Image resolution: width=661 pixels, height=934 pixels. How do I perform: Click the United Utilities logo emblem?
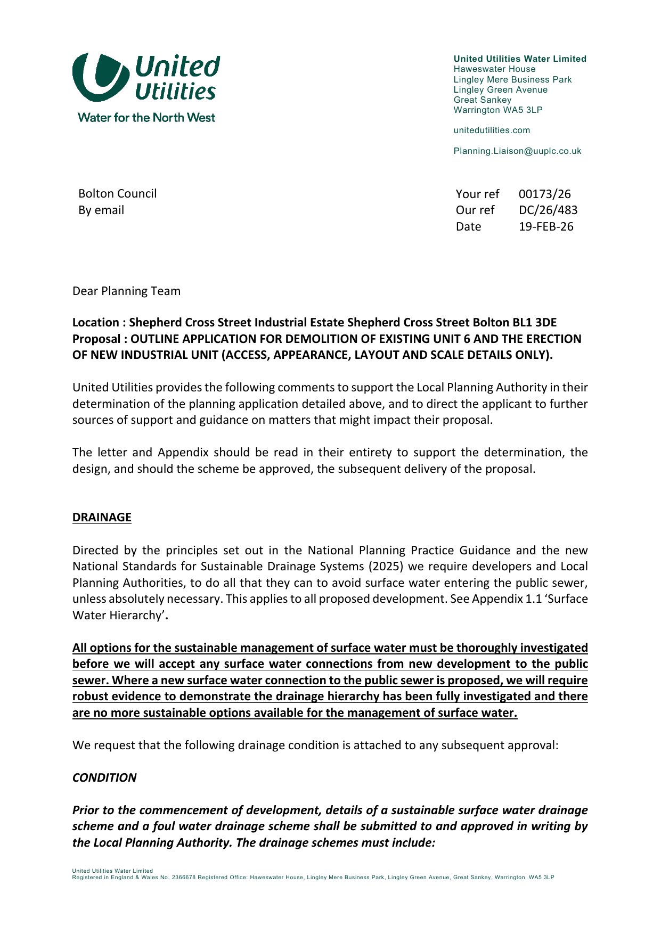(x=100, y=77)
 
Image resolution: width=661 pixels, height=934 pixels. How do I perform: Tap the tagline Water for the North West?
(x=146, y=118)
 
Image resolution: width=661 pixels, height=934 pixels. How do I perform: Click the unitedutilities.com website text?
(x=492, y=130)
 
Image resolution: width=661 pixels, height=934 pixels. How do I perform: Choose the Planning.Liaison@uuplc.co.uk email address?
(x=517, y=151)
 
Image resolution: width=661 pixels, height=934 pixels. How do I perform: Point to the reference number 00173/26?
(x=544, y=194)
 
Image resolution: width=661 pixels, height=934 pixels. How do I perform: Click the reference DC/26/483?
(x=548, y=210)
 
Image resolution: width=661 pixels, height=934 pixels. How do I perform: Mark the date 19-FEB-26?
(x=546, y=227)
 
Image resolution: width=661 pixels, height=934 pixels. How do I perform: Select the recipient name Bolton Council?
(x=117, y=194)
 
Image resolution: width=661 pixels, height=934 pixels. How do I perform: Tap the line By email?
(x=101, y=210)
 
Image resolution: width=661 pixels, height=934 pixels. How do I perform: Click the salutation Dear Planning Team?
(x=126, y=291)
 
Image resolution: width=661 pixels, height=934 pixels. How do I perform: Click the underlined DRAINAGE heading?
(x=102, y=518)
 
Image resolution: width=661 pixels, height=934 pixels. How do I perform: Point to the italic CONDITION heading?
(x=104, y=778)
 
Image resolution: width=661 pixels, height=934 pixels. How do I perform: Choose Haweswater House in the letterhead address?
(x=494, y=69)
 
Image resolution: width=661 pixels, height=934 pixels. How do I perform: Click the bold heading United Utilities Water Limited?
(x=520, y=59)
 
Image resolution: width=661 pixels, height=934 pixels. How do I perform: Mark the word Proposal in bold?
(x=96, y=339)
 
